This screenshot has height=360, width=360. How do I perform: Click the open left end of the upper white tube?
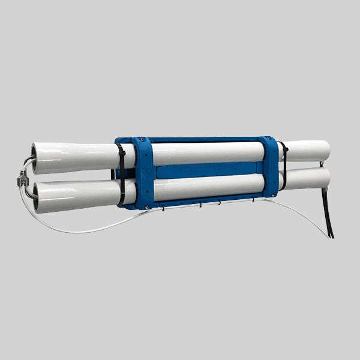(35, 158)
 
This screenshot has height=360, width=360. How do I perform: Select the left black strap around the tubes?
(122, 174)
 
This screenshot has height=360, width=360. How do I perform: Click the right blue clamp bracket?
(269, 166)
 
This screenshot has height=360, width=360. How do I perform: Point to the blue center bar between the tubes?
(207, 171)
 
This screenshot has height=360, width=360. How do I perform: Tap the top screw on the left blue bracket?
(144, 144)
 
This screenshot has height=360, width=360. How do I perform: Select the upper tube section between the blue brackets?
(207, 152)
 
